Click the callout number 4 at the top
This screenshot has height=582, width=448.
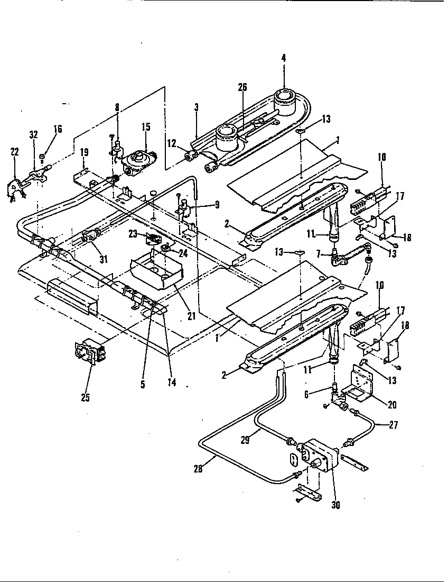coord(284,58)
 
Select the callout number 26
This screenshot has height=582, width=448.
coord(242,87)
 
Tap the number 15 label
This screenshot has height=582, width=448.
coord(146,127)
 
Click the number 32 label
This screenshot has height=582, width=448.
coord(34,134)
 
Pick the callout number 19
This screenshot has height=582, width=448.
coord(84,152)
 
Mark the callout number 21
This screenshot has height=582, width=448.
coord(191,316)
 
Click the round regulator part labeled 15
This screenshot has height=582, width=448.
coord(139,160)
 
